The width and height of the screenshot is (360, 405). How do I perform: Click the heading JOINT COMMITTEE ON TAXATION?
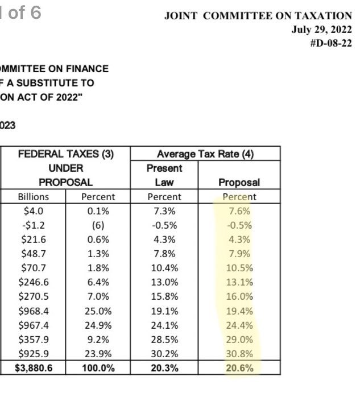pyautogui.click(x=258, y=16)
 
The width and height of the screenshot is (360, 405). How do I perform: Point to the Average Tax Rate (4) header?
pyautogui.click(x=205, y=154)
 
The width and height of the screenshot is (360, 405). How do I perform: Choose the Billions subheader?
pyautogui.click(x=33, y=197)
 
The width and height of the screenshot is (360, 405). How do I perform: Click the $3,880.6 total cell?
pyautogui.click(x=33, y=368)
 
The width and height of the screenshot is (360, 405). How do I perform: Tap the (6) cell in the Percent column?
pyautogui.click(x=98, y=225)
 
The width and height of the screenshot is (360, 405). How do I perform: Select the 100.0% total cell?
pyautogui.click(x=98, y=368)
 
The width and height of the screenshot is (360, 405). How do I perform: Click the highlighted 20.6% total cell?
pyautogui.click(x=239, y=368)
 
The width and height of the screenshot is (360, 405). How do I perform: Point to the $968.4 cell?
pyautogui.click(x=33, y=311)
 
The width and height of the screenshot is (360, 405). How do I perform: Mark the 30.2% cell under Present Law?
pyautogui.click(x=164, y=354)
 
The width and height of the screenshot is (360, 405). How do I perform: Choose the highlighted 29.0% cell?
pyautogui.click(x=239, y=340)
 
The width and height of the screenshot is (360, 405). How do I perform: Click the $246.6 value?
pyautogui.click(x=33, y=282)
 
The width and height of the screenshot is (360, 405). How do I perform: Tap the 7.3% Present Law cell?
pyautogui.click(x=164, y=211)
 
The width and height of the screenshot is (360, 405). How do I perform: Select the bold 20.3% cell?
pyautogui.click(x=164, y=368)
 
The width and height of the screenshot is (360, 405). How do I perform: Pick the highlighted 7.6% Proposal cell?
pyautogui.click(x=239, y=211)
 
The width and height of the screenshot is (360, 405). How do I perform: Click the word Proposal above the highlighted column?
pyautogui.click(x=239, y=183)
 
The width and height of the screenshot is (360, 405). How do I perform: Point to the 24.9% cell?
pyautogui.click(x=98, y=325)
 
